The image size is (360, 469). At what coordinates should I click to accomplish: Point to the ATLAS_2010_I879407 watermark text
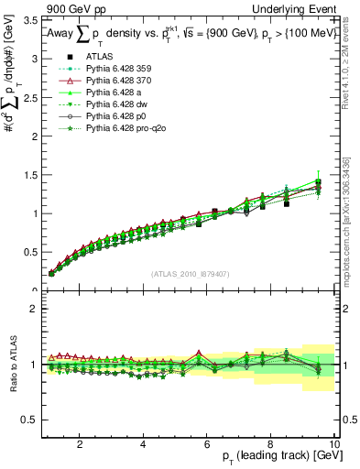[190, 272]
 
